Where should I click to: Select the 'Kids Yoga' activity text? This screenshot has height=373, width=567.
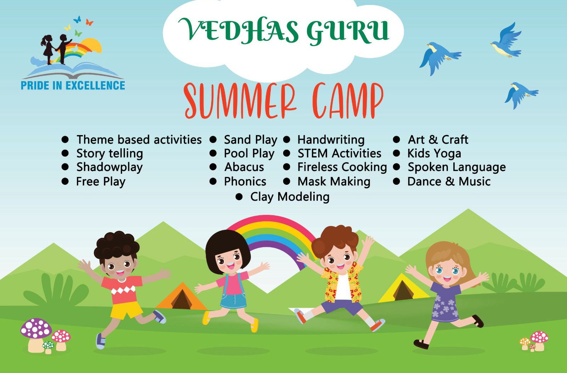[434, 154]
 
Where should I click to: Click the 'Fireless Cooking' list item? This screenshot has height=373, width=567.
[342, 167]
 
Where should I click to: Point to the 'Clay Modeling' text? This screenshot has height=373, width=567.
[290, 197]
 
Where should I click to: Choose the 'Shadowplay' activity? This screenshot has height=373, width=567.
[110, 167]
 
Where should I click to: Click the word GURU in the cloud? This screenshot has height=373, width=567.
[347, 32]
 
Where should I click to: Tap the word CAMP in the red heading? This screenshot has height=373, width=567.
[348, 101]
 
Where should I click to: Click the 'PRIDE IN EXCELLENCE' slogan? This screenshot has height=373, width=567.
[73, 85]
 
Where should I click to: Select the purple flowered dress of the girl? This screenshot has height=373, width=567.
[445, 302]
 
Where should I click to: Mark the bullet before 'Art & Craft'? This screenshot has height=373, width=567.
[397, 139]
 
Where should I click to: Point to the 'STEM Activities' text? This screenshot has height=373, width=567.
[339, 154]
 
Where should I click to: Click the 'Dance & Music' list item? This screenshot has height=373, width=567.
[449, 182]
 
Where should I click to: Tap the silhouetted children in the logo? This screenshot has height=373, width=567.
[56, 49]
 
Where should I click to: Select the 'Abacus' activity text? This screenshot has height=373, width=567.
[244, 167]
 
